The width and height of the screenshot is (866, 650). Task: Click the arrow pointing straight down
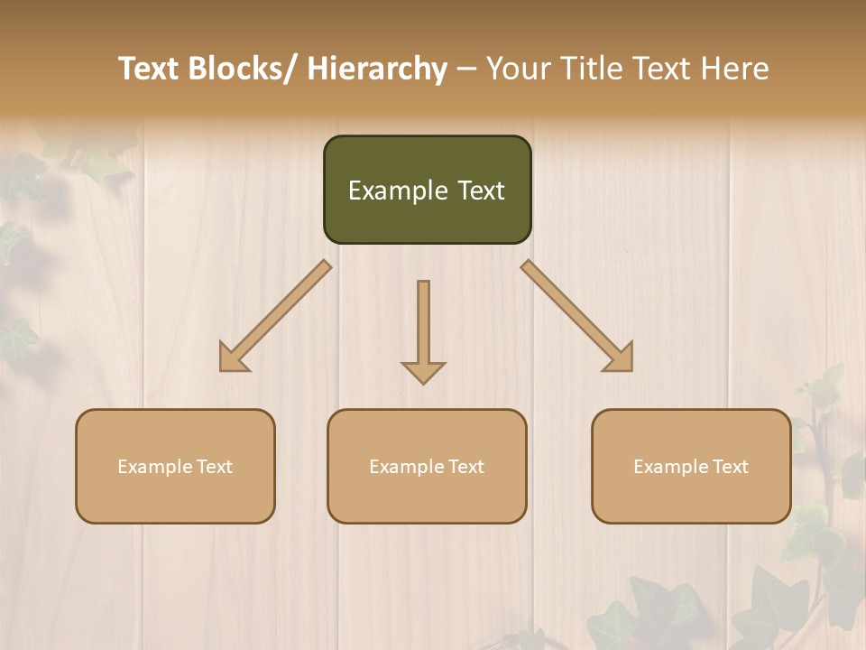pos(423,334)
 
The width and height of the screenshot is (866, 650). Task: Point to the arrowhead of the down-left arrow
pos(233,358)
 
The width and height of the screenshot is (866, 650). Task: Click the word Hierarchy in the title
pos(377,69)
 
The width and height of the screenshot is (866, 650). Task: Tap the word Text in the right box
pos(729,467)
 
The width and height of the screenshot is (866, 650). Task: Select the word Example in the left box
pos(154,467)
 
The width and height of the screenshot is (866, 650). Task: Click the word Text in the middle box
pos(465,467)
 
